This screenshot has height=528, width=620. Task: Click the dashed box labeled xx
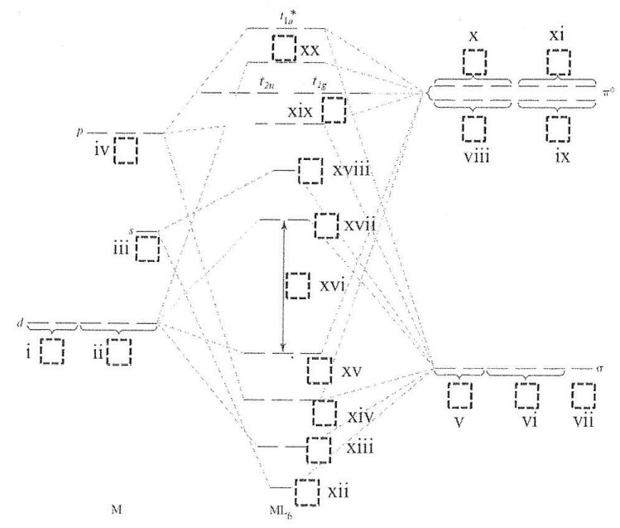[x=283, y=48]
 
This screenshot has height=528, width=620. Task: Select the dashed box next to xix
[x=333, y=109]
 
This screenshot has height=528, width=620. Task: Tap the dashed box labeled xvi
[x=297, y=284]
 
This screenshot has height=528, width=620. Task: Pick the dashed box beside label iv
[x=126, y=151]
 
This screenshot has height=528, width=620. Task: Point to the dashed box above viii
[x=474, y=128]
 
